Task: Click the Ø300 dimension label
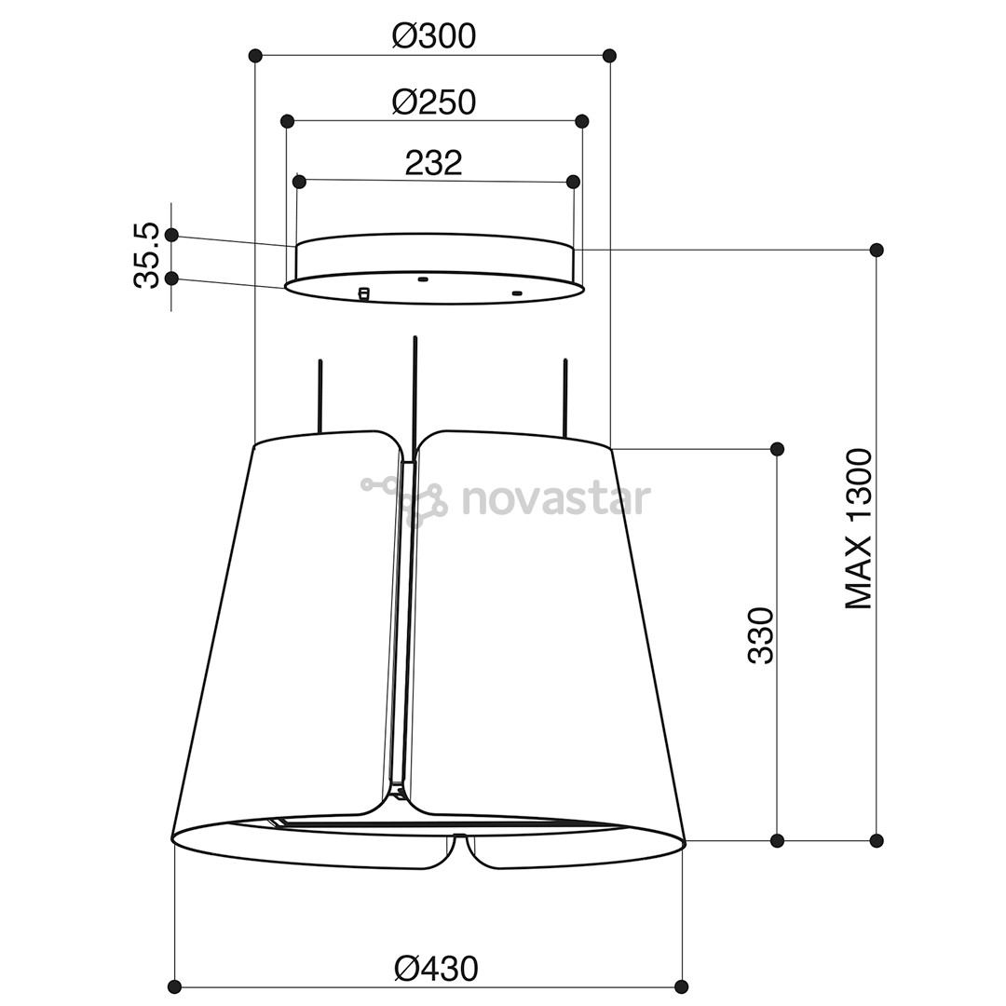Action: [x=434, y=36]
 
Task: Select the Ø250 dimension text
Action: [x=434, y=102]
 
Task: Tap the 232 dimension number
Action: [x=434, y=163]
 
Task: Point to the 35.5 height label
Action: [x=146, y=255]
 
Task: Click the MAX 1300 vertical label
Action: [x=859, y=529]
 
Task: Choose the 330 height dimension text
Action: [x=762, y=635]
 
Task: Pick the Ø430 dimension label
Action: [x=436, y=968]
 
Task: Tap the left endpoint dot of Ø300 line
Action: [x=255, y=55]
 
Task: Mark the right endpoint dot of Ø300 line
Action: [x=610, y=55]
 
